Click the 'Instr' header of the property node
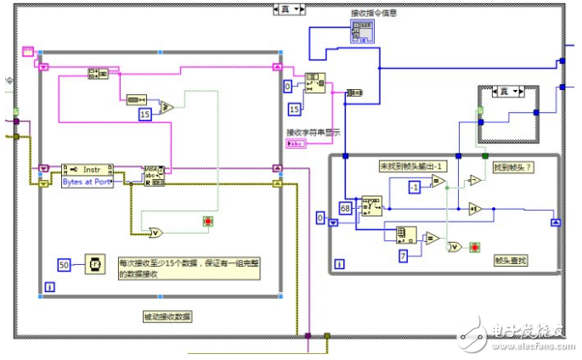coord(90,169)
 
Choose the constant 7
coord(405,255)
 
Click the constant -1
coord(414,186)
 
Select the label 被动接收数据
coord(168,316)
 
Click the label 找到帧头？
coord(512,167)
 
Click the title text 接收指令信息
coord(374,13)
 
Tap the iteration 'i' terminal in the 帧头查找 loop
coord(339,265)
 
